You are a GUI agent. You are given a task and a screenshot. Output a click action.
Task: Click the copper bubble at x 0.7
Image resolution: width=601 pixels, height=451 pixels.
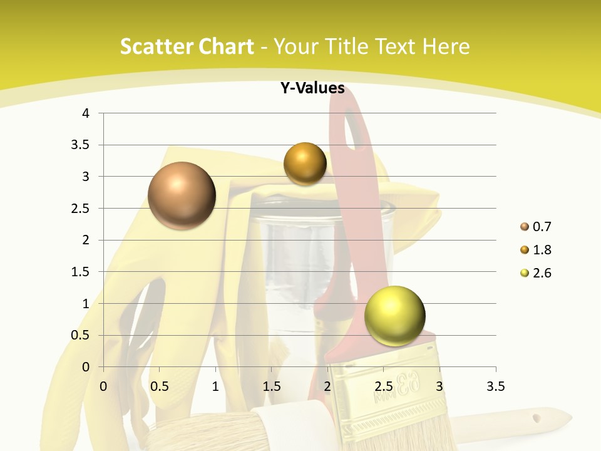pyautogui.click(x=182, y=195)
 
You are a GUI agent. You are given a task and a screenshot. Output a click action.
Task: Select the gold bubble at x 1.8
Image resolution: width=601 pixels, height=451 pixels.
pyautogui.click(x=305, y=163)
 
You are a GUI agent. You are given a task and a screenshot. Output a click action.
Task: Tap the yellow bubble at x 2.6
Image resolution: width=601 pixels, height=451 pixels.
pyautogui.click(x=394, y=316)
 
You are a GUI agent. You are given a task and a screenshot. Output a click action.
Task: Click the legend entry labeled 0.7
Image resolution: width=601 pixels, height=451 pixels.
pyautogui.click(x=542, y=227)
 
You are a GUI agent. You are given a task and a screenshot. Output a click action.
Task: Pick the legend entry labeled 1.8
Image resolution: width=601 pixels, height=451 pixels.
pyautogui.click(x=542, y=250)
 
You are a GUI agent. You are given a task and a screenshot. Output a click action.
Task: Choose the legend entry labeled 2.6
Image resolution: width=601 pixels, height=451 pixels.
pyautogui.click(x=542, y=273)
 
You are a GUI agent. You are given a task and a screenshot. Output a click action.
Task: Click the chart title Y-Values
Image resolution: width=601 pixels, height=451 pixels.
pyautogui.click(x=312, y=88)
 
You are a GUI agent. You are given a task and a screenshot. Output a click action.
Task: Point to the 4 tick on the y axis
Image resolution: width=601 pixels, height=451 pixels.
pyautogui.click(x=86, y=113)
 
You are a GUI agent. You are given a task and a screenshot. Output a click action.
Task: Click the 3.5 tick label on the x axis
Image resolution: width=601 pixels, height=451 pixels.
pyautogui.click(x=495, y=386)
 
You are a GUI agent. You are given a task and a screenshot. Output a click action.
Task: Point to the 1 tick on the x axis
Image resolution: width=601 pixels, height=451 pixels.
pyautogui.click(x=215, y=386)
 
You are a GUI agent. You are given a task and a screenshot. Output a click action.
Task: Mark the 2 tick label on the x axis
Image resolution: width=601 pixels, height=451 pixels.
pyautogui.click(x=327, y=386)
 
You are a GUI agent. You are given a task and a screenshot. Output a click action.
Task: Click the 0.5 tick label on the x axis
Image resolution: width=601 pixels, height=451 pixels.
pyautogui.click(x=159, y=386)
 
